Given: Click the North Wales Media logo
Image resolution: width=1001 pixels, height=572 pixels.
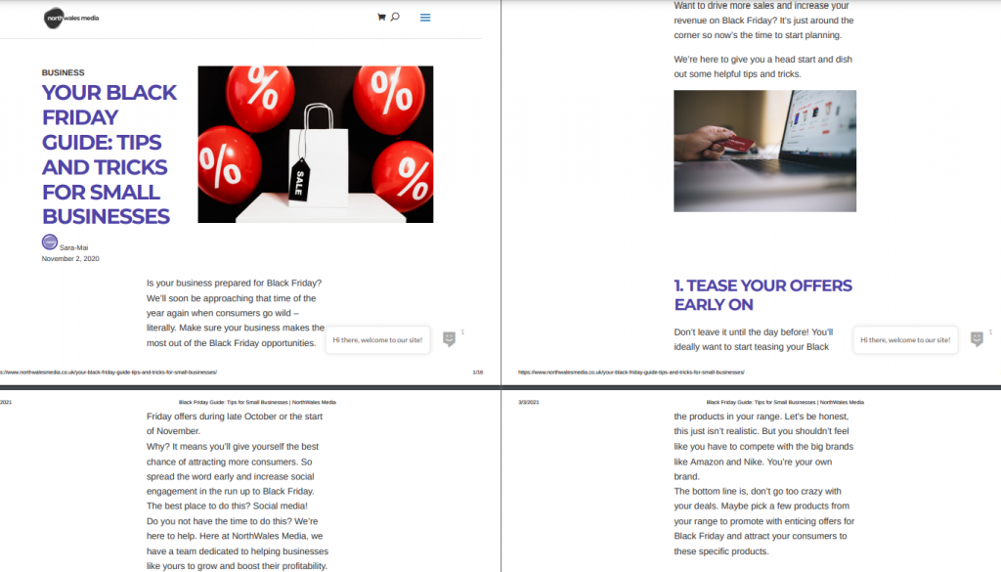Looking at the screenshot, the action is [x=71, y=18].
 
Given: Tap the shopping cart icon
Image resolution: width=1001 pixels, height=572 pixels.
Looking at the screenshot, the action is [x=381, y=18].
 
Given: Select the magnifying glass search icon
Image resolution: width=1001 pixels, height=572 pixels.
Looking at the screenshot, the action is [x=395, y=17].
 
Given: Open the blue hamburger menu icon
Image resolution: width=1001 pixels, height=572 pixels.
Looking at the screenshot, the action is [x=425, y=18].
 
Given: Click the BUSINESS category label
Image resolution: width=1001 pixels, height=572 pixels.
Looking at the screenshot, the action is [x=64, y=72].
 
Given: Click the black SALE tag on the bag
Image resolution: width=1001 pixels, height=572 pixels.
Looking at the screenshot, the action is [x=299, y=181].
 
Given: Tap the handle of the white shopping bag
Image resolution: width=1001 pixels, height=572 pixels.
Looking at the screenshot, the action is [x=318, y=117].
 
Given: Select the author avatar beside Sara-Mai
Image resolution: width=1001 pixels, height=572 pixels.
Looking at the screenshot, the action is [x=50, y=242].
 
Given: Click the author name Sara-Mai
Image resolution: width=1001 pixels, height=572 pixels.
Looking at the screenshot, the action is [x=74, y=247].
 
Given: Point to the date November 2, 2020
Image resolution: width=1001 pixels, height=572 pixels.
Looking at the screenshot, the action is [x=70, y=258].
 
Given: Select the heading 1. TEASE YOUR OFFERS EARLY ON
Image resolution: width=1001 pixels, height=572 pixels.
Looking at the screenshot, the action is [x=762, y=295].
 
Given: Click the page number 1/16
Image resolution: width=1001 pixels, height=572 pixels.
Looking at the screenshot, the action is [x=477, y=373].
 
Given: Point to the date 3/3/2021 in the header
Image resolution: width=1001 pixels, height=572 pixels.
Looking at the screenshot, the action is [x=529, y=402].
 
